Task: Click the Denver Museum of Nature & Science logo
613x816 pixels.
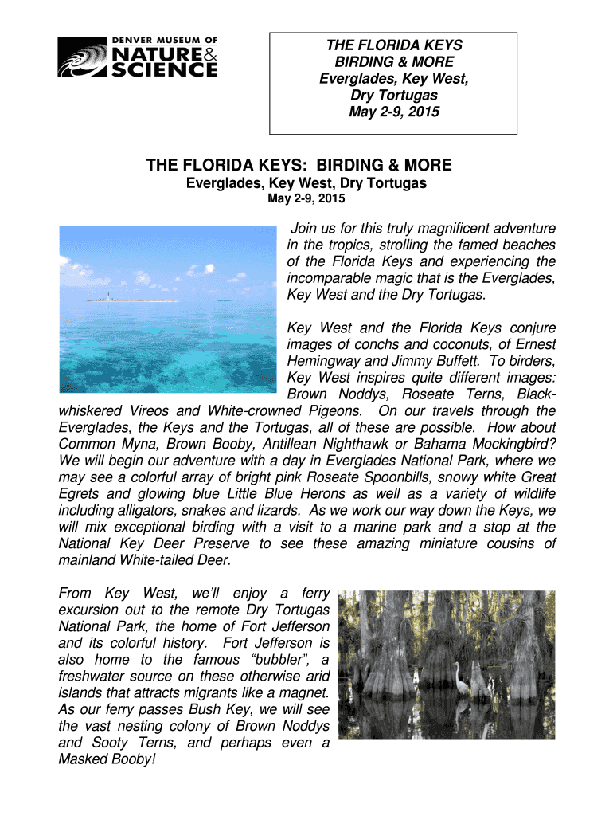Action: tap(138, 57)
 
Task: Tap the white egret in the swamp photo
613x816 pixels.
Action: tap(459, 677)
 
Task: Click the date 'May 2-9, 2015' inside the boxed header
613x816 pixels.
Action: tap(394, 112)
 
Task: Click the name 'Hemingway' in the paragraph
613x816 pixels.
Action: tap(320, 361)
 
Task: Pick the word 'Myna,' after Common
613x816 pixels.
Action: tap(143, 444)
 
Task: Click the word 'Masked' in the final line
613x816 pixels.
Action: tap(81, 760)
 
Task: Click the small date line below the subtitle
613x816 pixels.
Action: tap(305, 198)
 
